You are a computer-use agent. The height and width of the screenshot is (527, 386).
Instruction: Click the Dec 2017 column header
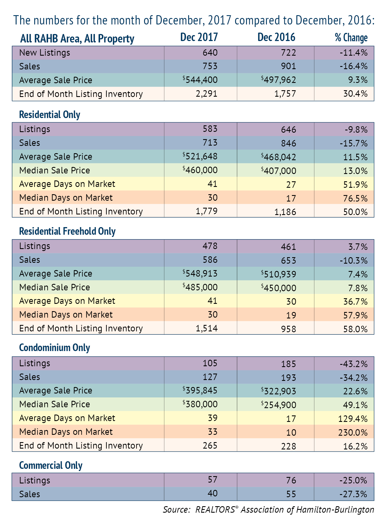(x=199, y=37)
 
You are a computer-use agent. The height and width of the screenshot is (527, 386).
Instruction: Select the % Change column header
(x=351, y=38)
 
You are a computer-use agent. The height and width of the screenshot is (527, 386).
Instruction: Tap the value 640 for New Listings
(x=210, y=53)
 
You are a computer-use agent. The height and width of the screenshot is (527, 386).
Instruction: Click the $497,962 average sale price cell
(x=278, y=80)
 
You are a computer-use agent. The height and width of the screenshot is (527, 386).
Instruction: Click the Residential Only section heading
(x=50, y=114)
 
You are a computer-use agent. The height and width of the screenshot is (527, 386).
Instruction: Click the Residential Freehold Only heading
(x=67, y=231)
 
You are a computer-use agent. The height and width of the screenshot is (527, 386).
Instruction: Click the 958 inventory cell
(x=289, y=329)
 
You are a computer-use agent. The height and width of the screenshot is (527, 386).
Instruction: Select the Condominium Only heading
(x=55, y=348)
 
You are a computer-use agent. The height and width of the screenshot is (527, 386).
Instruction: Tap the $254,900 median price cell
(x=278, y=405)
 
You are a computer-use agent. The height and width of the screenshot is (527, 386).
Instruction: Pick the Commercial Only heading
(x=51, y=465)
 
